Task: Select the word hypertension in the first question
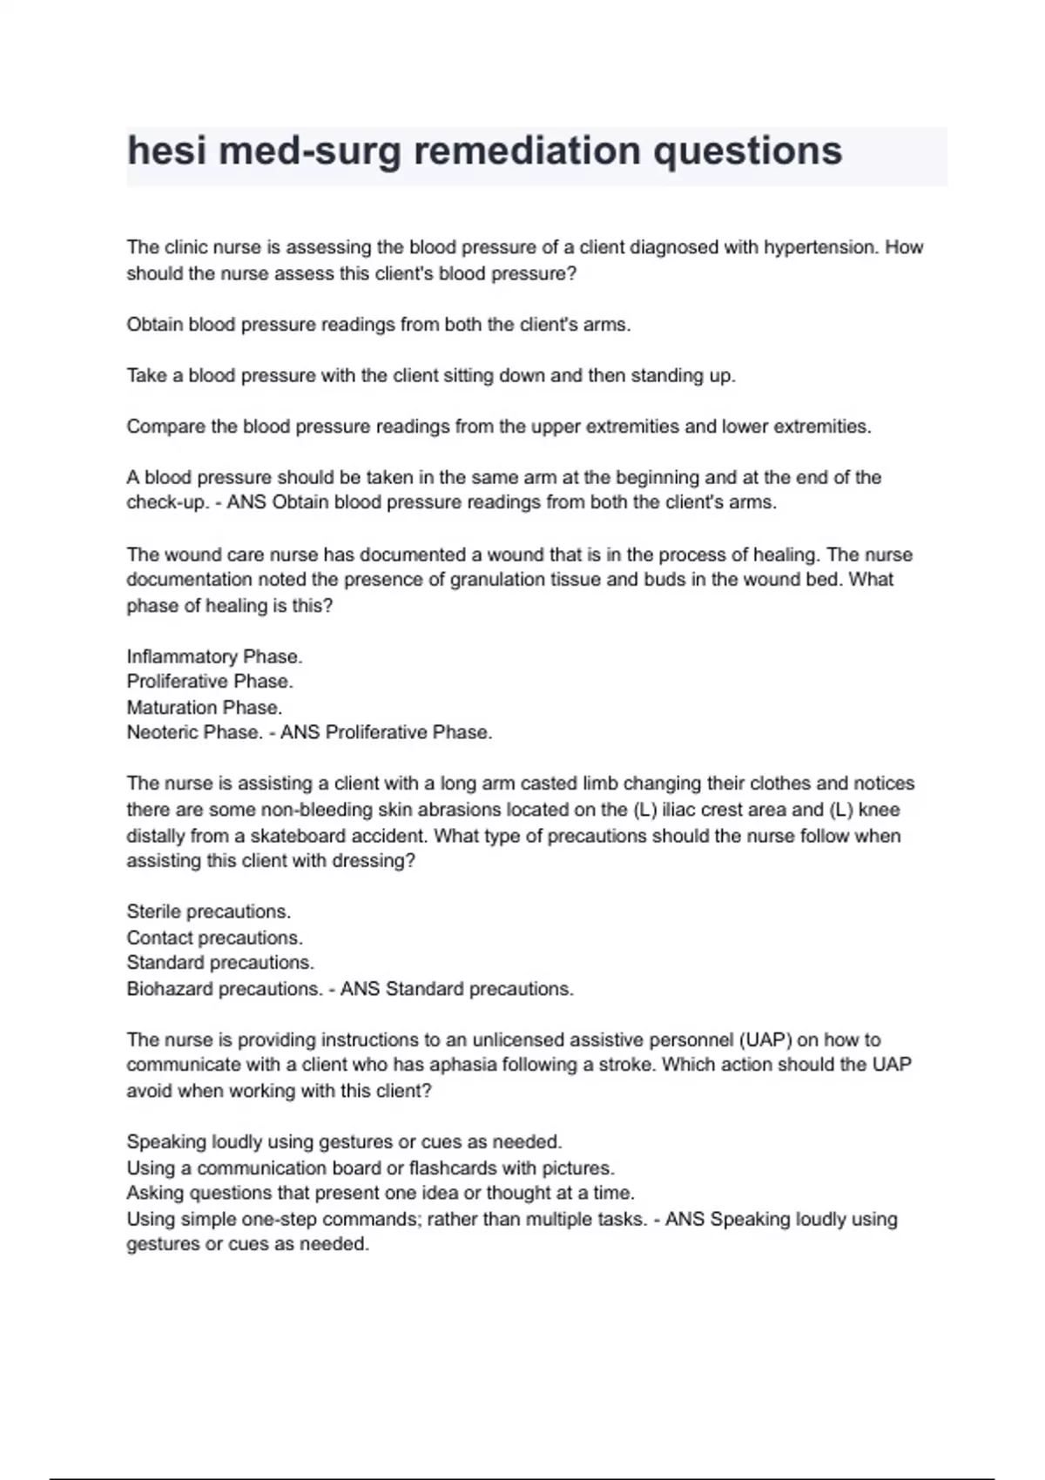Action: point(819,247)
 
